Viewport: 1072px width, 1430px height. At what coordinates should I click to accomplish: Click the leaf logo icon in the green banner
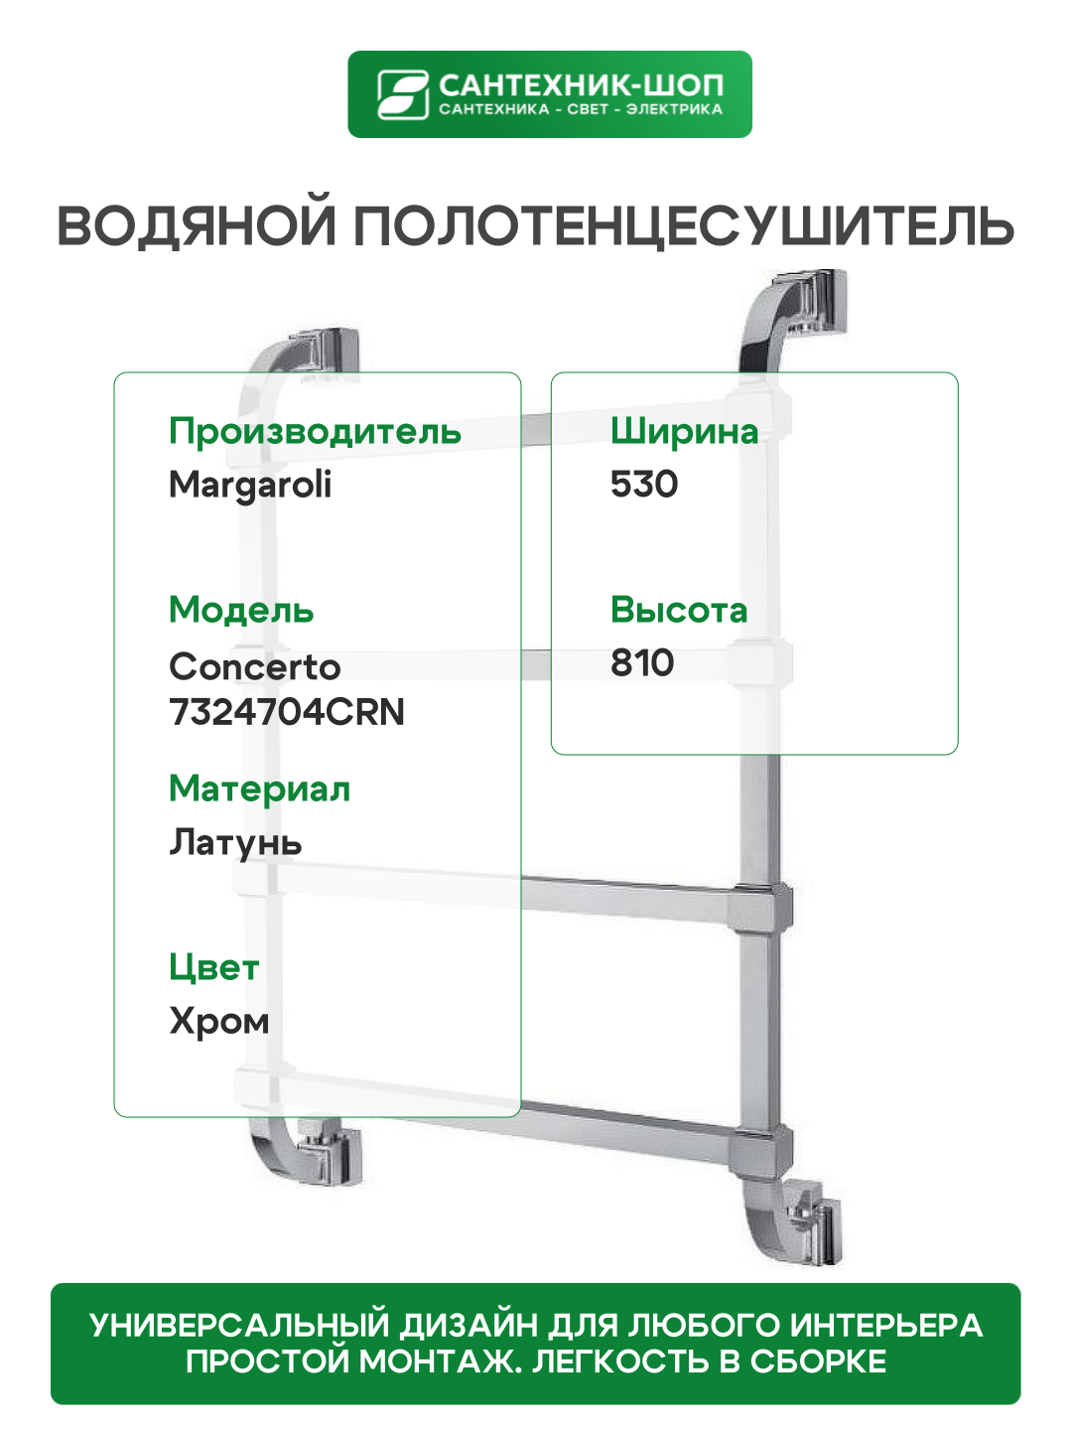tap(402, 94)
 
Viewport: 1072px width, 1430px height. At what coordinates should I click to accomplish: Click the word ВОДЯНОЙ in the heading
tap(197, 226)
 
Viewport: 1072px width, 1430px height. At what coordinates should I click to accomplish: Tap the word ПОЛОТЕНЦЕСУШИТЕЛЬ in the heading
tap(684, 226)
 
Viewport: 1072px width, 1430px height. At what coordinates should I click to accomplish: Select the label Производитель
tap(315, 432)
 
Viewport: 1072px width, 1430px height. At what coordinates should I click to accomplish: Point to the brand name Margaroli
tap(250, 486)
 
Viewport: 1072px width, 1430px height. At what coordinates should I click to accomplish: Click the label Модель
tap(241, 610)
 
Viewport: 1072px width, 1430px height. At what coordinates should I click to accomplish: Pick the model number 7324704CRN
tap(287, 712)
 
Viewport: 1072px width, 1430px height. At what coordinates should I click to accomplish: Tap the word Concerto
tap(255, 666)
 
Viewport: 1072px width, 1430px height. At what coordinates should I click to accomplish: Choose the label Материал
tap(259, 788)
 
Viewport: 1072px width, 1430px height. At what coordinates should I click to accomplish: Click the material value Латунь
tap(235, 843)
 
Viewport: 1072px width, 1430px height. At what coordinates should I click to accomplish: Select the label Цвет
tap(214, 968)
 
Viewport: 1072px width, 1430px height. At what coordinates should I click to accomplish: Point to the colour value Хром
tap(219, 1021)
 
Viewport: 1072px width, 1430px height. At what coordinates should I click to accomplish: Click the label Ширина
tap(684, 432)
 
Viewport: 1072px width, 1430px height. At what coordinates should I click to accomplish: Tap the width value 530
tap(644, 485)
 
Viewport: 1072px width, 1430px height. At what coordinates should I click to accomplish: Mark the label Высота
tap(679, 610)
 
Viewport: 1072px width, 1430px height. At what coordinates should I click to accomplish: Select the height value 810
tap(642, 662)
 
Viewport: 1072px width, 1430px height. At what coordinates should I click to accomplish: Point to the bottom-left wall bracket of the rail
tap(328, 1152)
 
